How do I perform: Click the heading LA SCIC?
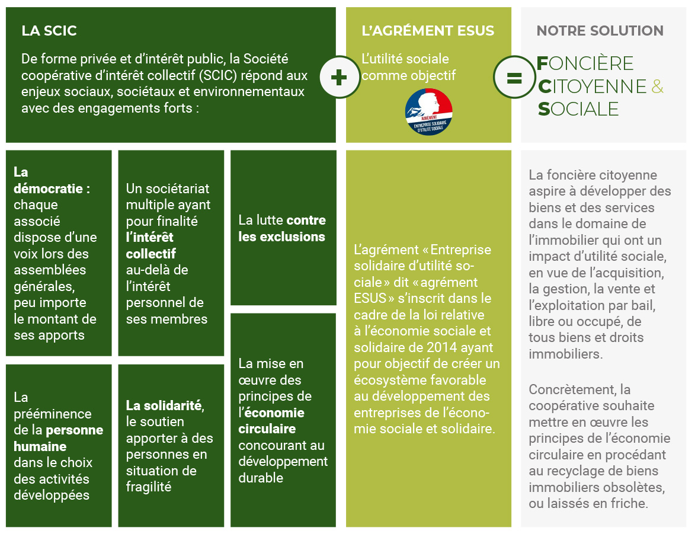click(49, 31)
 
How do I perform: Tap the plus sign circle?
click(339, 76)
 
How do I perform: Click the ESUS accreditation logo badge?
click(428, 111)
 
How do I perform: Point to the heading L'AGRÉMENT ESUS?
click(428, 31)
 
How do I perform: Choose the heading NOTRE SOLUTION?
click(600, 31)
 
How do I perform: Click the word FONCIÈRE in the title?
click(585, 63)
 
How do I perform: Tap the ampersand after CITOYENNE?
click(657, 87)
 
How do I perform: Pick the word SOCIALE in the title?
click(578, 109)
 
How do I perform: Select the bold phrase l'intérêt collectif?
click(151, 245)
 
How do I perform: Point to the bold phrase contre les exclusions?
click(283, 228)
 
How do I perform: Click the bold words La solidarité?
click(164, 406)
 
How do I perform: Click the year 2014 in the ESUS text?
click(458, 347)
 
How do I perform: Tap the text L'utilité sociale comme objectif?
click(409, 68)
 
